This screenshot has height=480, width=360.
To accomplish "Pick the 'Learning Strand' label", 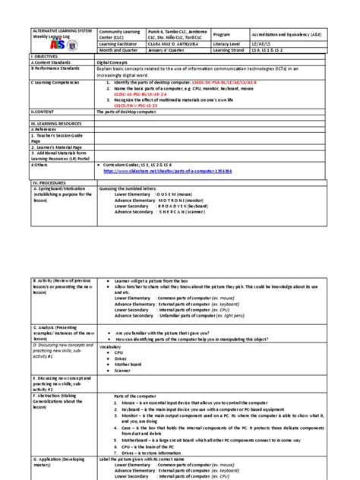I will tap(232, 52).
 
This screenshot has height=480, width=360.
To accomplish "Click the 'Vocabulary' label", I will tap(110, 346).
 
